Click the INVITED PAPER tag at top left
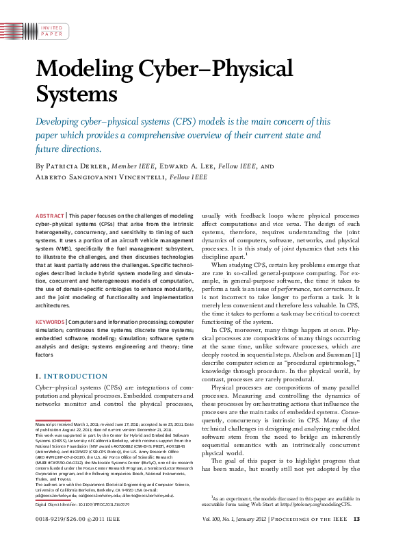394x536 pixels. [51, 29]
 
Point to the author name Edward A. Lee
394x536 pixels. [189, 166]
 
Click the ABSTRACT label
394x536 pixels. [51, 216]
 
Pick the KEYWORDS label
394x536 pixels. [50, 321]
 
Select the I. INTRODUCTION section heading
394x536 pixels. [69, 377]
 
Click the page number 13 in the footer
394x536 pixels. [355, 520]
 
